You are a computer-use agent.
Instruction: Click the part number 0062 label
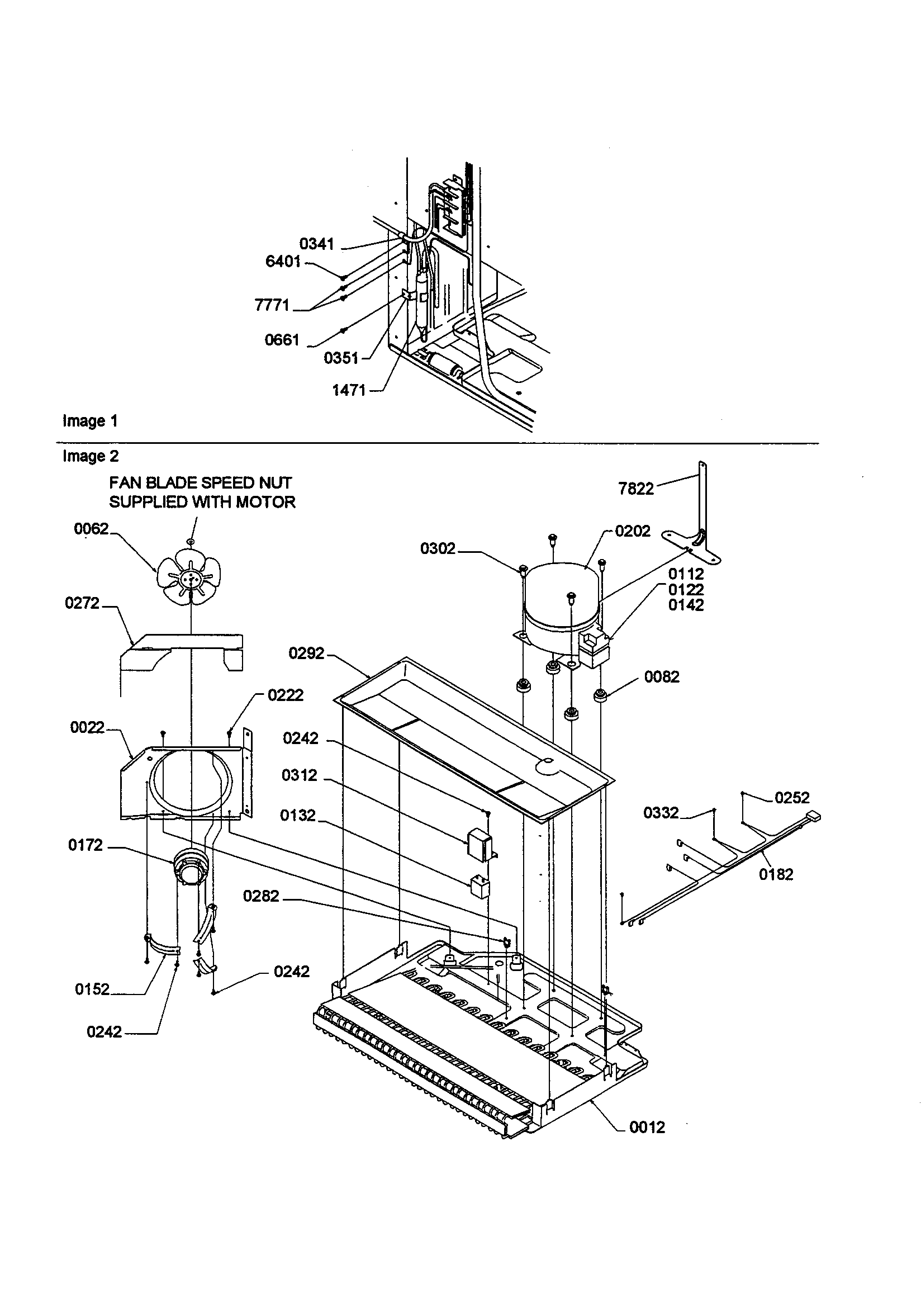91,529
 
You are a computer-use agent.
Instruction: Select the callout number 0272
82,603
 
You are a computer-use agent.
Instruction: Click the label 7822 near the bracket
636,489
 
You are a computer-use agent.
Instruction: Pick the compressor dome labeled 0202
561,592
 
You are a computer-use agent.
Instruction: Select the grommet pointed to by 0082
599,695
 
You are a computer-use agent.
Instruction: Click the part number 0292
306,653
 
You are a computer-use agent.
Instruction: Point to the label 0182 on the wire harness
776,874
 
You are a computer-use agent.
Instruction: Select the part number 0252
792,798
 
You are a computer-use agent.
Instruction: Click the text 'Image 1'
90,421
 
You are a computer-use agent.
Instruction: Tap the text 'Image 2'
91,456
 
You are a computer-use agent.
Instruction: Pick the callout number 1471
348,390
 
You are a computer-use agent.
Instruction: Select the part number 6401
283,261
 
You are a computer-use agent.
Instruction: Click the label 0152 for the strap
92,989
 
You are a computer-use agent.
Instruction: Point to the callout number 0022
87,727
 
